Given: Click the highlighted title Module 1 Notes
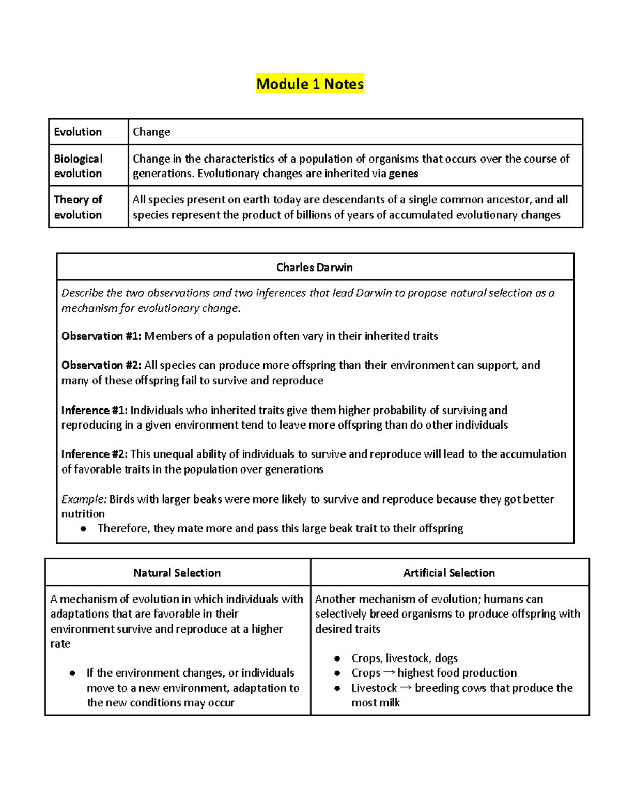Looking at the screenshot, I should pyautogui.click(x=310, y=84).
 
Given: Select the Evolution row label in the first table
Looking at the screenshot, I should pyautogui.click(x=78, y=132).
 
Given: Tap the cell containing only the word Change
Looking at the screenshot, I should pyautogui.click(x=151, y=132).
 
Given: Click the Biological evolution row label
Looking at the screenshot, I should pyautogui.click(x=78, y=166).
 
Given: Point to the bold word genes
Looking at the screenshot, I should pyautogui.click(x=403, y=174).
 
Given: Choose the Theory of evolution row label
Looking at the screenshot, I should pyautogui.click(x=78, y=207).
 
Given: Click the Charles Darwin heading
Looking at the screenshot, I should pyautogui.click(x=314, y=267).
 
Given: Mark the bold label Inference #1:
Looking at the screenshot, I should pyautogui.click(x=94, y=410).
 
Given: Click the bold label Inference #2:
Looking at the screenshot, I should pyautogui.click(x=94, y=454).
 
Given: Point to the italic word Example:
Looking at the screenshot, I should pyautogui.click(x=84, y=499).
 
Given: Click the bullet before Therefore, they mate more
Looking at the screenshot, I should pyautogui.click(x=83, y=529).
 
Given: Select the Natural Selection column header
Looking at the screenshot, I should pyautogui.click(x=177, y=573).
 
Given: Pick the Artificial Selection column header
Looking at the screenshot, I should pyautogui.click(x=449, y=573).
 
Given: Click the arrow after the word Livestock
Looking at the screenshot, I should pyautogui.click(x=406, y=688).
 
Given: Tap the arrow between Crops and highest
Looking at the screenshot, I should pyautogui.click(x=389, y=673).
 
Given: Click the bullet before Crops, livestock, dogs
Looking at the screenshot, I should pyautogui.click(x=337, y=658).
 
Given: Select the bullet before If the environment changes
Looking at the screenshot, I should pyautogui.click(x=72, y=673).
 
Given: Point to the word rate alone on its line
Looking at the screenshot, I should pyautogui.click(x=60, y=644).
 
